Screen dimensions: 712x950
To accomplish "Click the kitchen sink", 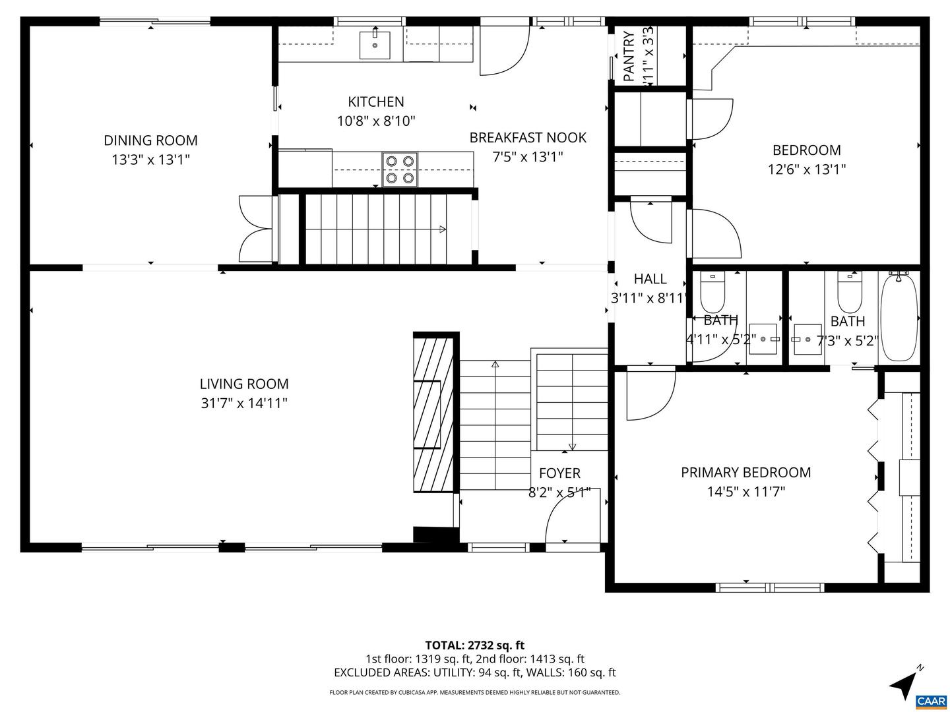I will (374, 45).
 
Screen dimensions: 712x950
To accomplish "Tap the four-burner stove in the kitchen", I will (400, 169).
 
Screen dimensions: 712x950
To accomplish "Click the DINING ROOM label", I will (150, 140).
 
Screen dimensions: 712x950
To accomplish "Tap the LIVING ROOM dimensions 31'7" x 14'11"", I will (244, 403).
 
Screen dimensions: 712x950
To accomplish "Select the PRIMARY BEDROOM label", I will (745, 472).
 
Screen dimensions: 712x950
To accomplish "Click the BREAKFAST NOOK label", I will (528, 138).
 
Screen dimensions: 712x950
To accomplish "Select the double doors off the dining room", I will (256, 229).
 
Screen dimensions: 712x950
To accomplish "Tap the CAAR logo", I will (931, 700).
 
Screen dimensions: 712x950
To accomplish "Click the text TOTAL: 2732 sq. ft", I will (474, 645).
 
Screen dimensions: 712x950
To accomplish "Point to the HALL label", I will (650, 279).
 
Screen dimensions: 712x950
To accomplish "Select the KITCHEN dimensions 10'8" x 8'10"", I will (376, 121).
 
